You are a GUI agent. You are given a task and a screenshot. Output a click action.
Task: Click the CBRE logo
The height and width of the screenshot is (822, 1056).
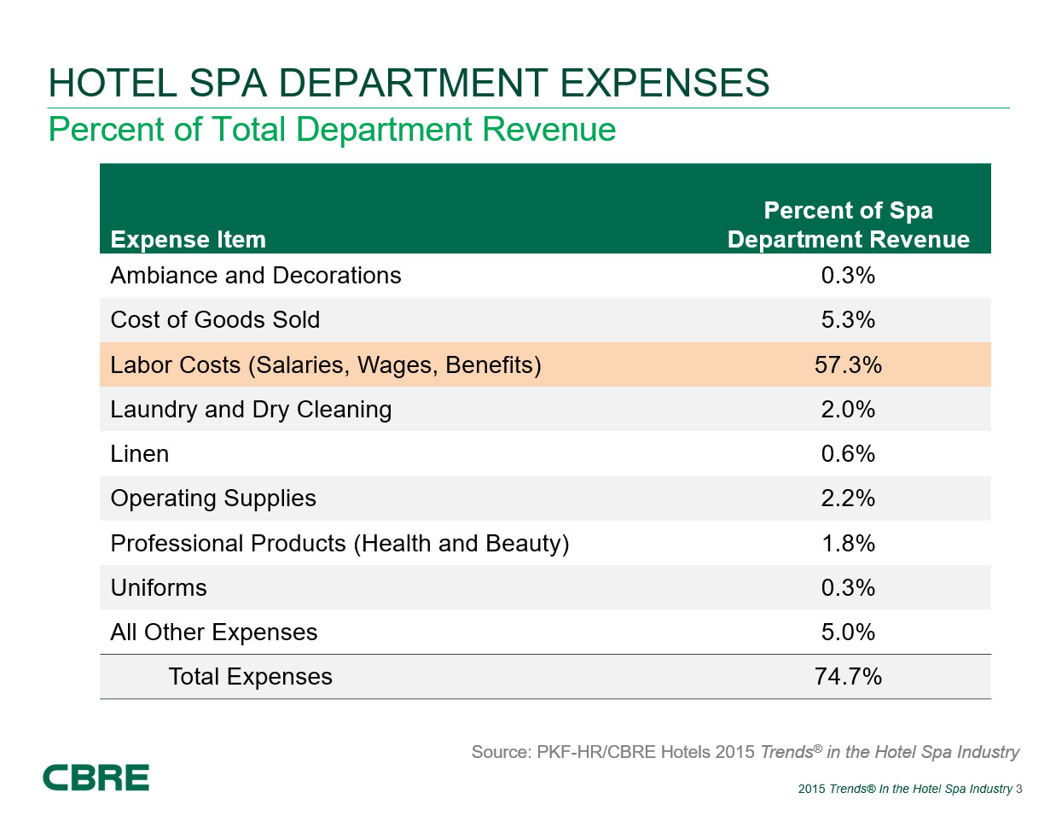pyautogui.click(x=96, y=778)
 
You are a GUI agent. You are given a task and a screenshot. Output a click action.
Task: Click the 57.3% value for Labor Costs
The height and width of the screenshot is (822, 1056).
pyautogui.click(x=848, y=365)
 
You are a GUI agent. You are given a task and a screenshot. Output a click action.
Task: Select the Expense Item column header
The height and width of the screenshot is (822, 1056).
pyautogui.click(x=188, y=240)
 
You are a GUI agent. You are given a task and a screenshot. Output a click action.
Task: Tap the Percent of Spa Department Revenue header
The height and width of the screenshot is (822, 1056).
pyautogui.click(x=848, y=225)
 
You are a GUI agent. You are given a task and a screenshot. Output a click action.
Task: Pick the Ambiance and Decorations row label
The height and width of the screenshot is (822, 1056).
pyautogui.click(x=255, y=276)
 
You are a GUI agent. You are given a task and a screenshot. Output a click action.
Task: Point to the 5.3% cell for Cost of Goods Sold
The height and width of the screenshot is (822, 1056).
pyautogui.click(x=848, y=320)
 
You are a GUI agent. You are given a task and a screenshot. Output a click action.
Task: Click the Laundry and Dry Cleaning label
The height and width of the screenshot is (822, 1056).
pyautogui.click(x=251, y=410)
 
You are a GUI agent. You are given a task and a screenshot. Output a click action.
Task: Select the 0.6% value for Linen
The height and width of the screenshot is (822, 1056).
pyautogui.click(x=848, y=454)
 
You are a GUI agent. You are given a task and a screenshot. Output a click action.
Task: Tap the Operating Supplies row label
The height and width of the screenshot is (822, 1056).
pyautogui.click(x=213, y=498)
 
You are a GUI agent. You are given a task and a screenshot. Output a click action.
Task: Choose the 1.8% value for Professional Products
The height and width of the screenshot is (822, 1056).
pyautogui.click(x=848, y=544)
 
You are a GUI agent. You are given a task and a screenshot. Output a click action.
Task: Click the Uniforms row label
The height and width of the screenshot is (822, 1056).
pyautogui.click(x=159, y=588)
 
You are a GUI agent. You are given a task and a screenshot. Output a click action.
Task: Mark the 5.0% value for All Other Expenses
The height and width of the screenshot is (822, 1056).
pyautogui.click(x=848, y=633)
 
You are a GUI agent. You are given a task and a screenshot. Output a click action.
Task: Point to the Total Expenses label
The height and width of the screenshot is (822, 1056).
pyautogui.click(x=250, y=677)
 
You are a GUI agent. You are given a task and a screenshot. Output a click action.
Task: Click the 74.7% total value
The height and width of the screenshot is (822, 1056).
pyautogui.click(x=848, y=677)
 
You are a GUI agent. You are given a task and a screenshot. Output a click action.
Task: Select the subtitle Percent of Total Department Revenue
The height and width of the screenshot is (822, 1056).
pyautogui.click(x=332, y=130)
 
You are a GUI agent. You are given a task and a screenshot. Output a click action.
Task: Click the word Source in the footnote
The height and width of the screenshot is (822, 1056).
pyautogui.click(x=499, y=752)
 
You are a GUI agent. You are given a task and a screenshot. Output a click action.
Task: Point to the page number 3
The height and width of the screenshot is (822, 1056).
pyautogui.click(x=1019, y=789)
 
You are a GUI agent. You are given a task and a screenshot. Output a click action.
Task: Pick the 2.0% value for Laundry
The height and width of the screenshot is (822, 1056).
pyautogui.click(x=848, y=410)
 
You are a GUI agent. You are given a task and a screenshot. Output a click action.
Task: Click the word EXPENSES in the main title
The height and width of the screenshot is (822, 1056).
pyautogui.click(x=664, y=84)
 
